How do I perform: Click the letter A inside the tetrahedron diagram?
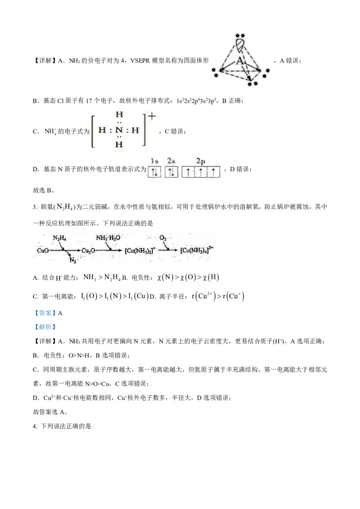click(x=240, y=61)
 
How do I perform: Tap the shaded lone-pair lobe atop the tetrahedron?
click(x=240, y=45)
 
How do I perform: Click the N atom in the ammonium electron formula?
click(x=119, y=130)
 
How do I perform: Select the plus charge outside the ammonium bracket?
click(x=152, y=116)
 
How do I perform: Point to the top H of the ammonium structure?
click(x=119, y=114)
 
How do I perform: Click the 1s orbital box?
click(x=154, y=172)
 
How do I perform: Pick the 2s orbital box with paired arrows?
click(x=171, y=172)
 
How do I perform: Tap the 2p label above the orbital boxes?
click(x=200, y=161)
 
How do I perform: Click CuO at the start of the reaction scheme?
click(x=43, y=250)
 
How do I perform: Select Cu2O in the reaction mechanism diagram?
click(x=88, y=250)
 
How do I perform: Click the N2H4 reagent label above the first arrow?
click(x=59, y=238)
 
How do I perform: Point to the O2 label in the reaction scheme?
click(x=163, y=238)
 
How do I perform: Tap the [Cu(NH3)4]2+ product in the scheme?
click(x=197, y=250)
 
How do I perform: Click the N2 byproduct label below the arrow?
click(x=73, y=260)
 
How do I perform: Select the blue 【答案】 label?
click(x=45, y=313)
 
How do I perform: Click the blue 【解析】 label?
click(x=45, y=327)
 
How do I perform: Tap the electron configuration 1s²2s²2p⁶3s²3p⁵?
click(x=196, y=101)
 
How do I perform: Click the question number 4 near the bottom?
click(x=35, y=426)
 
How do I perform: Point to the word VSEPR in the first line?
click(x=140, y=60)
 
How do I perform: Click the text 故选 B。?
click(x=44, y=191)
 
